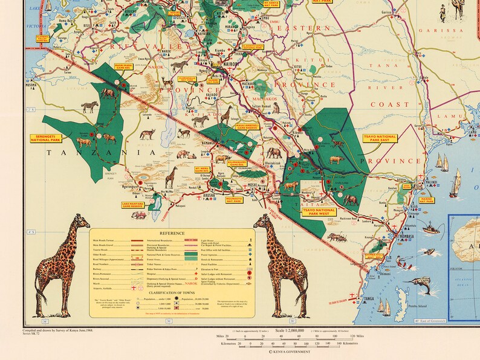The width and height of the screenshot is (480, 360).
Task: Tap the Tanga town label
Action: [x=368, y=298]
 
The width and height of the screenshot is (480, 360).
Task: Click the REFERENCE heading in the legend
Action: [x=172, y=233]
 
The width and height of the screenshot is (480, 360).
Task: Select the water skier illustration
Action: [x=409, y=263]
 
